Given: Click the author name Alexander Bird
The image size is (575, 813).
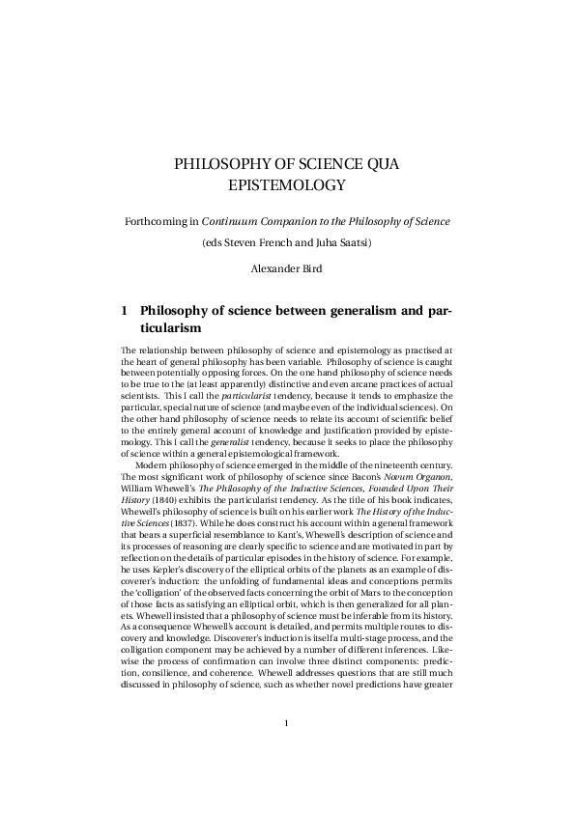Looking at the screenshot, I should click(287, 268).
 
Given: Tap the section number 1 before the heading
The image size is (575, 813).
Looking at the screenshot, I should click(125, 311).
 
